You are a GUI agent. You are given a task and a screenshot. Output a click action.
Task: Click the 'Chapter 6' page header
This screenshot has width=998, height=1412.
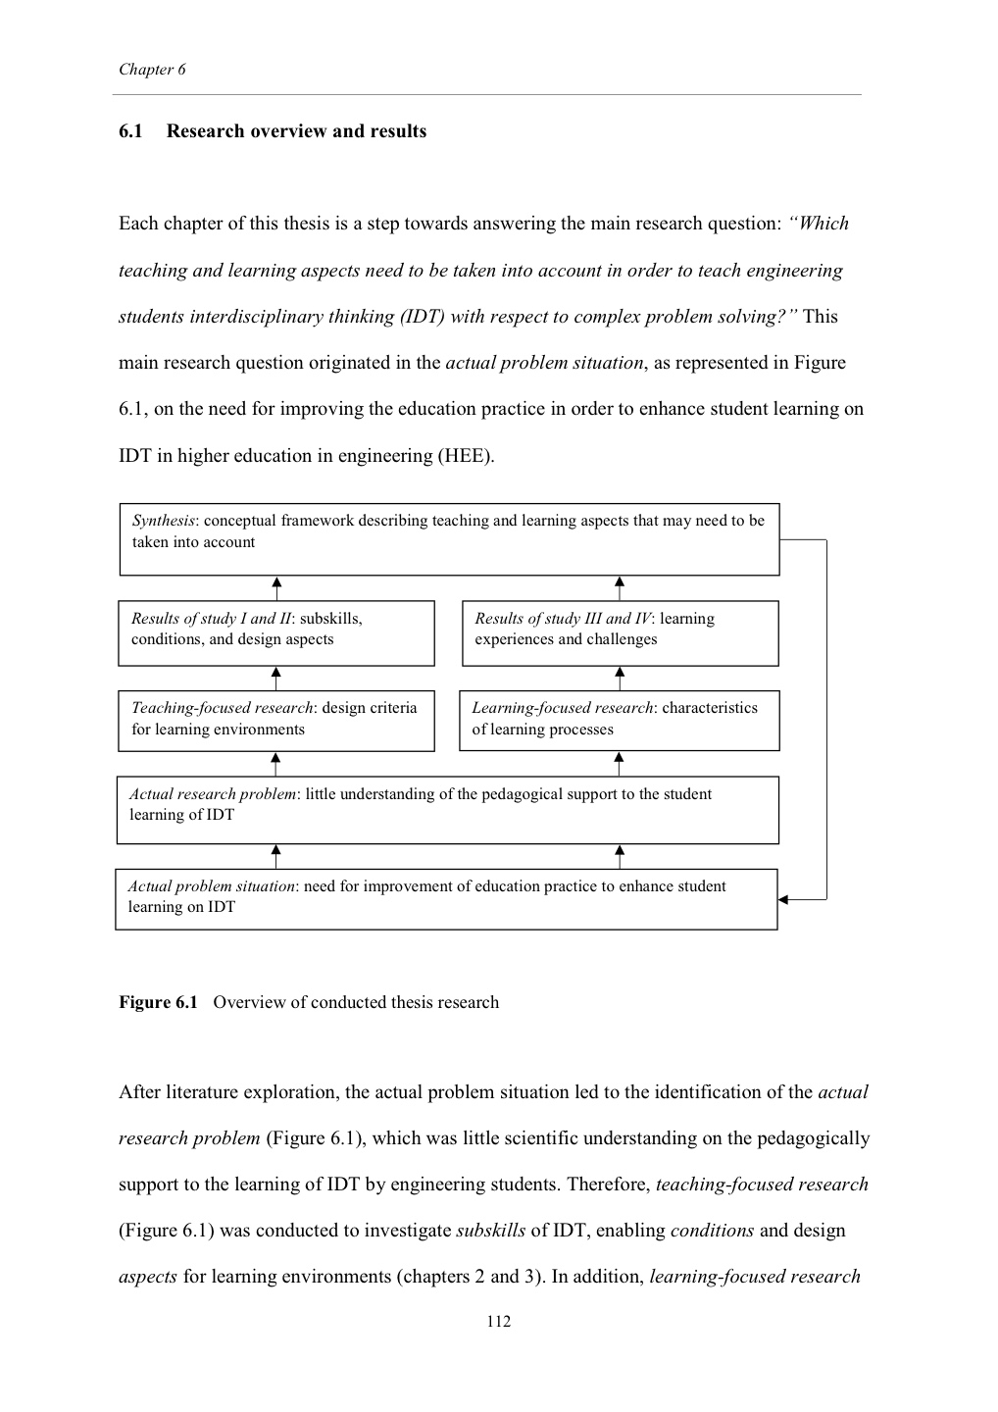point(152,70)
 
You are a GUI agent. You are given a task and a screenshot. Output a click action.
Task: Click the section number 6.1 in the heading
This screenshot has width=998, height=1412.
point(130,131)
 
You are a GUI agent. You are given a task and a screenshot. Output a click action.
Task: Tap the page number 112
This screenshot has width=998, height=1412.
point(498,1321)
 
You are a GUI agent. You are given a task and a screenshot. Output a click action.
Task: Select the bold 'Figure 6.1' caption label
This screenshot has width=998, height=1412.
point(158,1002)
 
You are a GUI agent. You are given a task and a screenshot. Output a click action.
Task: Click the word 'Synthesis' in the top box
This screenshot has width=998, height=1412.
point(163,521)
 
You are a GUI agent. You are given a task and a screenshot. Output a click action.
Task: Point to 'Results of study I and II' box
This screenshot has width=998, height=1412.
point(275,632)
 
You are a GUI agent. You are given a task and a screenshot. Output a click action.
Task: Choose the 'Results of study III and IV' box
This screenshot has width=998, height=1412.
point(620,632)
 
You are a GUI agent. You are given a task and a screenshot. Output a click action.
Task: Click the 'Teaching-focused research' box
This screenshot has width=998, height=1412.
point(275,722)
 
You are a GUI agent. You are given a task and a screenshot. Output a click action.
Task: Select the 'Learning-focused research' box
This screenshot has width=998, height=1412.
point(619,722)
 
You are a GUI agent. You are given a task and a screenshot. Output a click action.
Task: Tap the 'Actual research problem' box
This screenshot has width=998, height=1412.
point(447,809)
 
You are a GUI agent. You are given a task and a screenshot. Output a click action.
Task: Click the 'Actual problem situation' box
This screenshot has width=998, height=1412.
point(446,898)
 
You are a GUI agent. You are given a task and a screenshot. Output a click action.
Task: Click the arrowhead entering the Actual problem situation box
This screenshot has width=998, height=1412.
point(783,899)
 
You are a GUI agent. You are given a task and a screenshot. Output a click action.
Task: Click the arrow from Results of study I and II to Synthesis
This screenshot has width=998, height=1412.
point(277,587)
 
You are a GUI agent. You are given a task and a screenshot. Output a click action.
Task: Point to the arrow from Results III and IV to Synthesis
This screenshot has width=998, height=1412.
point(620,587)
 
